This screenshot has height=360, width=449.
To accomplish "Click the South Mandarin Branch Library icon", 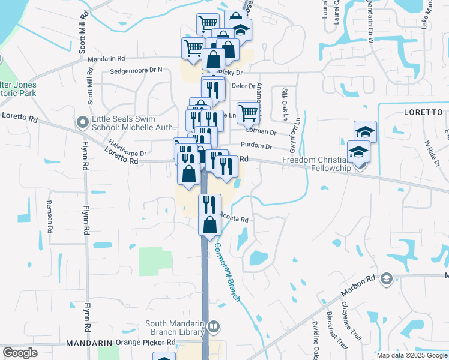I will (214, 328).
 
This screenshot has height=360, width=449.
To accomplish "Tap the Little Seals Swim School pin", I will (83, 122).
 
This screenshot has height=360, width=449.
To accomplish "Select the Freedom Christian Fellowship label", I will (316, 164).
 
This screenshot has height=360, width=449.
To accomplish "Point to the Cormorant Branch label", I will (227, 272).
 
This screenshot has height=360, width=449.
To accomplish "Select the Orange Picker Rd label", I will (145, 343).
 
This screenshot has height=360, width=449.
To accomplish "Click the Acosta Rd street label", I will (234, 219).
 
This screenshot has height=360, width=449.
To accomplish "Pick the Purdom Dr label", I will (256, 146).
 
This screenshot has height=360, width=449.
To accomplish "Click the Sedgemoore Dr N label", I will (136, 70).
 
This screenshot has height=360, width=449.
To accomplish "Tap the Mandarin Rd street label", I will (106, 59).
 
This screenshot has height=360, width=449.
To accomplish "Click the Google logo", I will (20, 353).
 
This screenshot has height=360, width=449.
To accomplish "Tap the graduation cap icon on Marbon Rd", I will (386, 278).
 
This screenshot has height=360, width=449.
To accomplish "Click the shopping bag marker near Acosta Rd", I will (210, 226).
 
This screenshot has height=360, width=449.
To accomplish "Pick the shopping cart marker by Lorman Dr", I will (248, 112).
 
